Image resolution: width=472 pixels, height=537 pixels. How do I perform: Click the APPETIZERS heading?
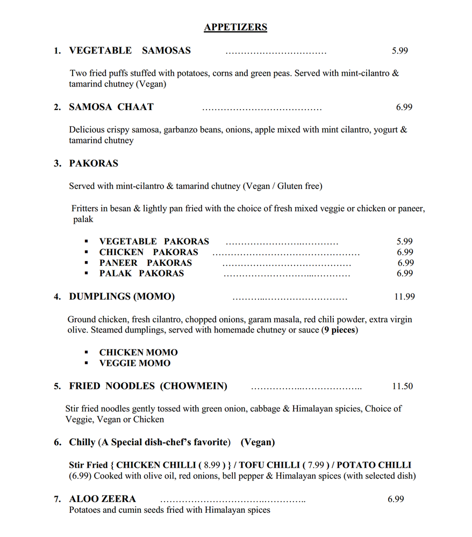(235, 27)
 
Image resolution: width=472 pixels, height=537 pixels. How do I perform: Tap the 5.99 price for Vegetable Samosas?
(400, 51)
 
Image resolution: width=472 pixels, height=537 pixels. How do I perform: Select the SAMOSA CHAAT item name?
(111, 107)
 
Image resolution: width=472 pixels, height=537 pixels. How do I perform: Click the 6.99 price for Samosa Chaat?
(404, 107)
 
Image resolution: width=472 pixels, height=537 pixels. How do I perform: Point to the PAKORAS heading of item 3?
(94, 163)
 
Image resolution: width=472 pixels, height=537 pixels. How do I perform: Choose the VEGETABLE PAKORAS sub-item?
(154, 242)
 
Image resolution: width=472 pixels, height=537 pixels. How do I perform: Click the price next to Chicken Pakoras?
(405, 252)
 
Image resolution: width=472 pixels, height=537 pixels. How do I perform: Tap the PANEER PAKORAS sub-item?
(145, 263)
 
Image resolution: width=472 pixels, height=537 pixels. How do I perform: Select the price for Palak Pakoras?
(405, 273)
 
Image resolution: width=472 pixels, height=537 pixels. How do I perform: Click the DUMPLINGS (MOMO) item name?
(121, 296)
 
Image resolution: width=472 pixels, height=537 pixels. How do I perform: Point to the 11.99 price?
(404, 296)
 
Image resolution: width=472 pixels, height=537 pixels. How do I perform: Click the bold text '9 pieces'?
(340, 330)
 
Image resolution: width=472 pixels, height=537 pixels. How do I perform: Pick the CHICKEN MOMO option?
(138, 353)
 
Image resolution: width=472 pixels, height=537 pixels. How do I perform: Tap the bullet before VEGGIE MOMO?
(86, 364)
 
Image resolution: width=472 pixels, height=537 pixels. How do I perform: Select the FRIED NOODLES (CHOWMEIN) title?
(148, 386)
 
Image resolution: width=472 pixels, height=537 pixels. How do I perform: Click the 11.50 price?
(403, 386)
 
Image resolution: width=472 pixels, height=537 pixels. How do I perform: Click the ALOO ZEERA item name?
(102, 499)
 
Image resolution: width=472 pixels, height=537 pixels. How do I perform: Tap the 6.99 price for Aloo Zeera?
(396, 499)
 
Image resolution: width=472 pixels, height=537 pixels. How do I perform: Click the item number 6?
(58, 442)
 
